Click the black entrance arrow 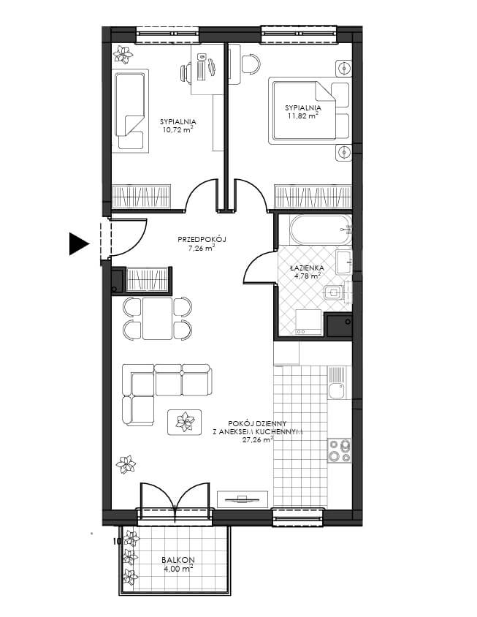[x=78, y=244]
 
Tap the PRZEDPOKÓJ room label [x=202, y=239]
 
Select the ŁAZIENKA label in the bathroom [x=307, y=268]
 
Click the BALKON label [x=178, y=560]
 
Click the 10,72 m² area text [x=178, y=130]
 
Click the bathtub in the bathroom [x=321, y=230]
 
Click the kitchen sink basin [x=337, y=391]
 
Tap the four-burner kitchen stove [x=340, y=450]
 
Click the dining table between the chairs [x=157, y=319]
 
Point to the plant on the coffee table [x=185, y=422]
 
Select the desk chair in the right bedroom [x=251, y=64]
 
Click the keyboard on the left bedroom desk [x=201, y=71]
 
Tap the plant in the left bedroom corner [x=123, y=54]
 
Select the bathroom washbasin [x=344, y=261]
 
